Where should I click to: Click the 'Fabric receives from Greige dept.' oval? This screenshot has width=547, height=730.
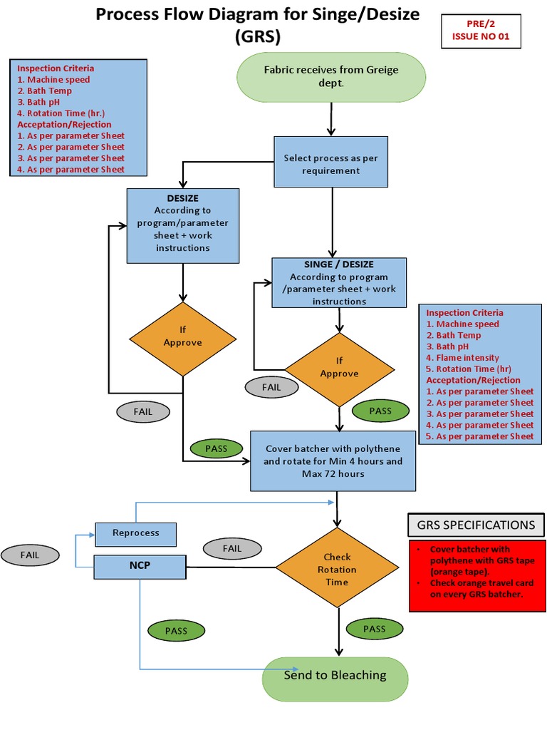[x=330, y=76]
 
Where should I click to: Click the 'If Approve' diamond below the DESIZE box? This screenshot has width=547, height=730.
[x=183, y=337]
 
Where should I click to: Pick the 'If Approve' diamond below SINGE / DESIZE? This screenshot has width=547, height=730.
[x=339, y=368]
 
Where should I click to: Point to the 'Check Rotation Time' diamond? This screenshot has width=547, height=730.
[x=337, y=569]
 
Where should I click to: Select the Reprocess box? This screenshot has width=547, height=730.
[x=136, y=533]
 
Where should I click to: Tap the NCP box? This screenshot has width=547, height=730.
[x=140, y=566]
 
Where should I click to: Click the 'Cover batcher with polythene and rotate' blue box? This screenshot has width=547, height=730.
[x=333, y=461]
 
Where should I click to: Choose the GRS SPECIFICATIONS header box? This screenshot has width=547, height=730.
[x=476, y=525]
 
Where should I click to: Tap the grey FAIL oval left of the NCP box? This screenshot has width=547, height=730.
[x=30, y=555]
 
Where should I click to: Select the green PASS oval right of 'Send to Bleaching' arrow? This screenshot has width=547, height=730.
[x=374, y=629]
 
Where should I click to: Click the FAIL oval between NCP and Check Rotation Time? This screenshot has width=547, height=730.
[x=232, y=548]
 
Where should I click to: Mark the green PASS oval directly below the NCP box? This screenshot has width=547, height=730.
[x=176, y=631]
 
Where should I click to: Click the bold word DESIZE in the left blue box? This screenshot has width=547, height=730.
[x=182, y=198]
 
